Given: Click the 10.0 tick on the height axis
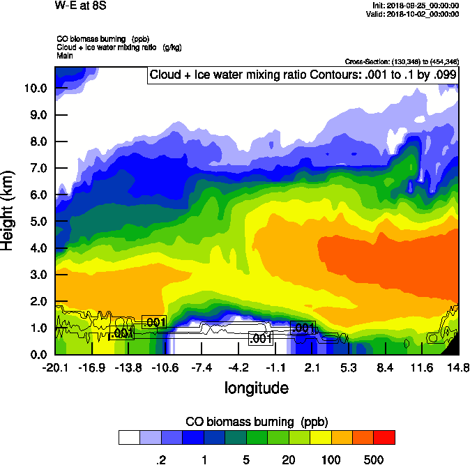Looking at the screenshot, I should click(x=36, y=88).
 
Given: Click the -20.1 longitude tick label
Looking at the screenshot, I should click(x=54, y=367).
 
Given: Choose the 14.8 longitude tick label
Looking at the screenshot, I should click(x=458, y=367).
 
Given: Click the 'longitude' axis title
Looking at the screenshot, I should click(x=256, y=387).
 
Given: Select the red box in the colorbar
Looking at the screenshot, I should click(x=384, y=437).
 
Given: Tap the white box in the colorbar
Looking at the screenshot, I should click(x=129, y=437).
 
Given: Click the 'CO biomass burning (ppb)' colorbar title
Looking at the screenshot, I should click(x=256, y=422).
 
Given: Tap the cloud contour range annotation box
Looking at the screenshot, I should click(x=303, y=75).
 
